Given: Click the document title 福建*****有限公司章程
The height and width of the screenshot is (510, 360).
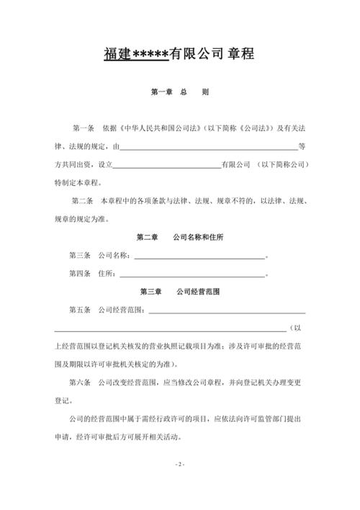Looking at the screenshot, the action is [x=180, y=53].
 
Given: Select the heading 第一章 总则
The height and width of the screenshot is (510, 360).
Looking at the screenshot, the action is [x=180, y=93].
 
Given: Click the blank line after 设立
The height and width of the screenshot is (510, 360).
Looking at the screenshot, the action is [x=167, y=164].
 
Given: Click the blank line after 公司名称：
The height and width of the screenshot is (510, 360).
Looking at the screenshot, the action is [x=199, y=256].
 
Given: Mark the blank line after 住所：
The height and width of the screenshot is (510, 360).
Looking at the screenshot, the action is [x=192, y=274].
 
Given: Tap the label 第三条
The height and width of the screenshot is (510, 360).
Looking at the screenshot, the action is [x=81, y=256].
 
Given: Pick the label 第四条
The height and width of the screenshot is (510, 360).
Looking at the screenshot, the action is [x=81, y=274].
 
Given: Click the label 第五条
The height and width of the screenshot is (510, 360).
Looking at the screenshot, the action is [x=81, y=310].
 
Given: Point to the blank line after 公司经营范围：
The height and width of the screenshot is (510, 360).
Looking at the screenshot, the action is [x=226, y=311].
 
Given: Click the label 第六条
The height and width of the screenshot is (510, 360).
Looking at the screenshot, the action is [x=81, y=382].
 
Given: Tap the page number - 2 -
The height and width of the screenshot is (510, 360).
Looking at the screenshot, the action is [x=180, y=464].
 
